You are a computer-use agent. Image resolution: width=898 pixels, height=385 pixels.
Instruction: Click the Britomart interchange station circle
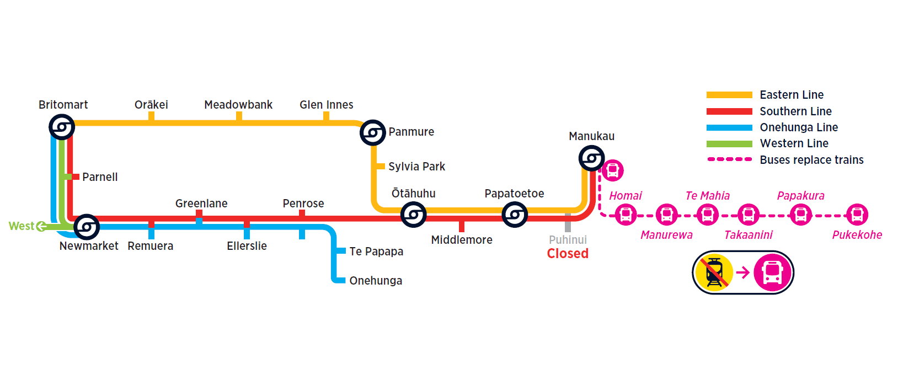click(x=62, y=127)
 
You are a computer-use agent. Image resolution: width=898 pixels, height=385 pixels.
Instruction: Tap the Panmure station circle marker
click(x=373, y=133)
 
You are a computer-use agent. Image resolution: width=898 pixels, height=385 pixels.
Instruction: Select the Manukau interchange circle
click(x=592, y=159)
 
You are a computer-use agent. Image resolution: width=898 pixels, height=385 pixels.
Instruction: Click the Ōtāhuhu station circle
click(x=413, y=215)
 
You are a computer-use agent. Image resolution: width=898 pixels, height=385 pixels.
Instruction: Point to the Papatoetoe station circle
click(x=515, y=215)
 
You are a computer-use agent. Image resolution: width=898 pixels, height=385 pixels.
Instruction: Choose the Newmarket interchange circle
click(x=87, y=227)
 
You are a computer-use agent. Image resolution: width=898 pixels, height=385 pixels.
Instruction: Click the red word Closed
click(x=568, y=254)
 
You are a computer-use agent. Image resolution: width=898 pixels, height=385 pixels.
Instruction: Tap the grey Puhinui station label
click(x=568, y=240)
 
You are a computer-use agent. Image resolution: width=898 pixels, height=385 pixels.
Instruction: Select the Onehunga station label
click(x=376, y=281)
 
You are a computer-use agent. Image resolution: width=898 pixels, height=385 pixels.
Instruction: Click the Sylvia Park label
click(x=416, y=167)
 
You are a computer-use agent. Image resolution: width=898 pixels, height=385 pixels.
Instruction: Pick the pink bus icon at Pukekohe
click(x=857, y=215)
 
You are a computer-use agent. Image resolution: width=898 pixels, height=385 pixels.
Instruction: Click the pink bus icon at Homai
click(x=626, y=215)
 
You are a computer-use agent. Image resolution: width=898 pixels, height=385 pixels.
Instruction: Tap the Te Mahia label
click(x=707, y=196)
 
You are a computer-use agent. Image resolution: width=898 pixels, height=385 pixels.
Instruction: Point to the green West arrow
click(x=41, y=226)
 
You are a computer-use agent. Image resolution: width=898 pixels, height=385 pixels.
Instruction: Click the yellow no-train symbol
click(x=714, y=272)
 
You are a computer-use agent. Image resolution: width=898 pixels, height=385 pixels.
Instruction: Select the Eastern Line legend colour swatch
click(x=729, y=95)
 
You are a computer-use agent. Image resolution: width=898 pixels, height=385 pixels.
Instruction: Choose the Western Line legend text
click(x=794, y=143)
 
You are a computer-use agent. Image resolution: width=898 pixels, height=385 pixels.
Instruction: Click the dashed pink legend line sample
click(x=729, y=159)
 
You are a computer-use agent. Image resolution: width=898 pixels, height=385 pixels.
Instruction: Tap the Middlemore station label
click(x=462, y=240)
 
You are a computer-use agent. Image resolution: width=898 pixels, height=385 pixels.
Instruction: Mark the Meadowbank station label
click(x=238, y=105)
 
